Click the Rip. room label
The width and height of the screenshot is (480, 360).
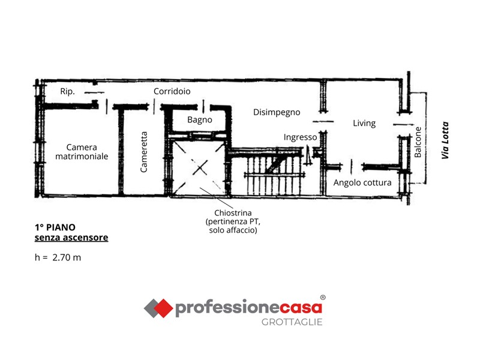(x=67, y=92)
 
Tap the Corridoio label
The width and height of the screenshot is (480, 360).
(x=172, y=91)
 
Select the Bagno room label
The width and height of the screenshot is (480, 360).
(x=200, y=119)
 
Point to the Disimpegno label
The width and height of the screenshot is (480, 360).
(x=277, y=112)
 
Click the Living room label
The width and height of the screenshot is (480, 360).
(x=364, y=124)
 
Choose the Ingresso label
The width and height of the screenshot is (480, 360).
(x=300, y=137)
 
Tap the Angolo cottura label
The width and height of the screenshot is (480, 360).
(x=362, y=183)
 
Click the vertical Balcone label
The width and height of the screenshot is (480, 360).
(x=418, y=142)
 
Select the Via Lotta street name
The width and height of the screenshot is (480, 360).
(x=445, y=140)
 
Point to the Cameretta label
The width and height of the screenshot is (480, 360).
(x=144, y=152)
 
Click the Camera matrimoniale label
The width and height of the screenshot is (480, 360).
(x=82, y=152)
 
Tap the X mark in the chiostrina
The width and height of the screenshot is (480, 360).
(x=200, y=168)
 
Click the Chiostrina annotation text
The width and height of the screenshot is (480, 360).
(x=233, y=221)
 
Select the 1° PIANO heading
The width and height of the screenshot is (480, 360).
(x=55, y=227)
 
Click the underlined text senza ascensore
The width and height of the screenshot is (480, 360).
(x=71, y=238)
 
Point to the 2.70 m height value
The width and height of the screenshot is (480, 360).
(x=67, y=258)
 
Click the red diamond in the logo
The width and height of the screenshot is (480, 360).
(x=163, y=308)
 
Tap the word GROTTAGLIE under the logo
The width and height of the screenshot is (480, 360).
(x=292, y=322)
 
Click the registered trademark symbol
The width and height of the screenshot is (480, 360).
(x=323, y=297)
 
